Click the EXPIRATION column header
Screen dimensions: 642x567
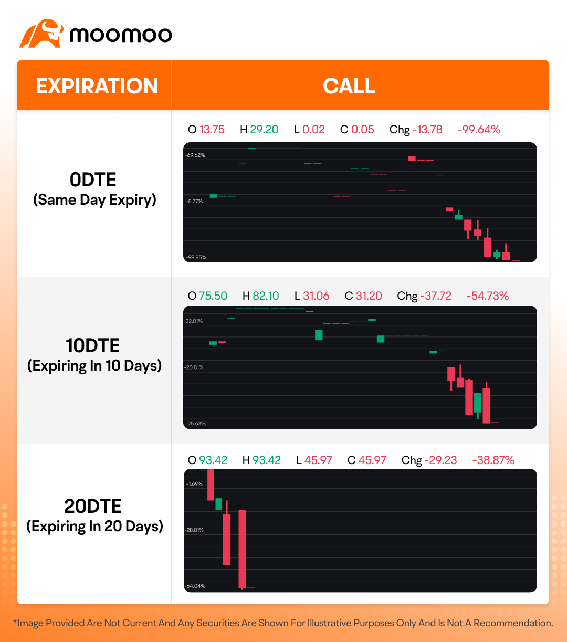[97, 86]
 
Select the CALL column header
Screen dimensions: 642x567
[349, 86]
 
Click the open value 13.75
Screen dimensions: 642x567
[212, 130]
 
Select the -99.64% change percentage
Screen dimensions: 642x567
[479, 130]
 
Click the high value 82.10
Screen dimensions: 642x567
[266, 296]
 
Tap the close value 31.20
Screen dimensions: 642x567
[369, 296]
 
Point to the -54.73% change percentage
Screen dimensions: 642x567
[487, 296]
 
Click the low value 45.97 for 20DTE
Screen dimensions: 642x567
[318, 460]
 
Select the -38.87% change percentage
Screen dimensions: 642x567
[493, 460]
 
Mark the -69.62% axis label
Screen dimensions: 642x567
[195, 155]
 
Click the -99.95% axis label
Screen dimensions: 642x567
[195, 258]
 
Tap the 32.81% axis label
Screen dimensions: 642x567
[194, 321]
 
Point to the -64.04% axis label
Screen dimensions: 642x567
[195, 586]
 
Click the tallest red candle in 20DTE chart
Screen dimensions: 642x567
[242, 549]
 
